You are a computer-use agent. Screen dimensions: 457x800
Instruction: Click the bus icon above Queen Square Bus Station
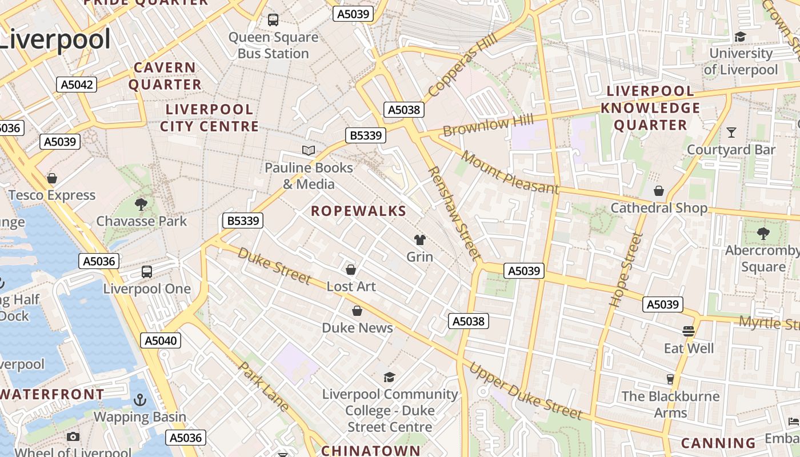click(273, 20)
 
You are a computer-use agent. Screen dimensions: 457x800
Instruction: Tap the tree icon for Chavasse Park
click(141, 204)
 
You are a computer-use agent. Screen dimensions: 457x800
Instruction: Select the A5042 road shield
click(77, 85)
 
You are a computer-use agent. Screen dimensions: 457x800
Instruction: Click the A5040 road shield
click(161, 341)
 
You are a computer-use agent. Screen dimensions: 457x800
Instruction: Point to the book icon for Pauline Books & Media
click(309, 151)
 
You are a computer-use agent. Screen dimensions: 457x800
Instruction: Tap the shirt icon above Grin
click(420, 240)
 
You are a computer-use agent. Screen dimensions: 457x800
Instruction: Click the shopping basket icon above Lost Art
click(351, 269)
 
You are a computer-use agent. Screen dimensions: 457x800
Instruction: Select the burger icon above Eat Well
click(689, 331)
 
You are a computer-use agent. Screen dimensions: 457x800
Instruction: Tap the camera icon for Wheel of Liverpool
click(73, 437)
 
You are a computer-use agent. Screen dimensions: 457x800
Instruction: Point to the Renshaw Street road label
click(455, 213)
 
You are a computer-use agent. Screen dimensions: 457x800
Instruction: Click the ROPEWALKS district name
click(359, 211)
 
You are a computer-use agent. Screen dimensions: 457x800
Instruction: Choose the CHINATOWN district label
click(371, 450)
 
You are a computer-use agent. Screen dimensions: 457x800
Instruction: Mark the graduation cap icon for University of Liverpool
click(740, 37)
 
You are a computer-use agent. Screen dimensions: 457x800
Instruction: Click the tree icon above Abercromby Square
click(763, 233)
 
